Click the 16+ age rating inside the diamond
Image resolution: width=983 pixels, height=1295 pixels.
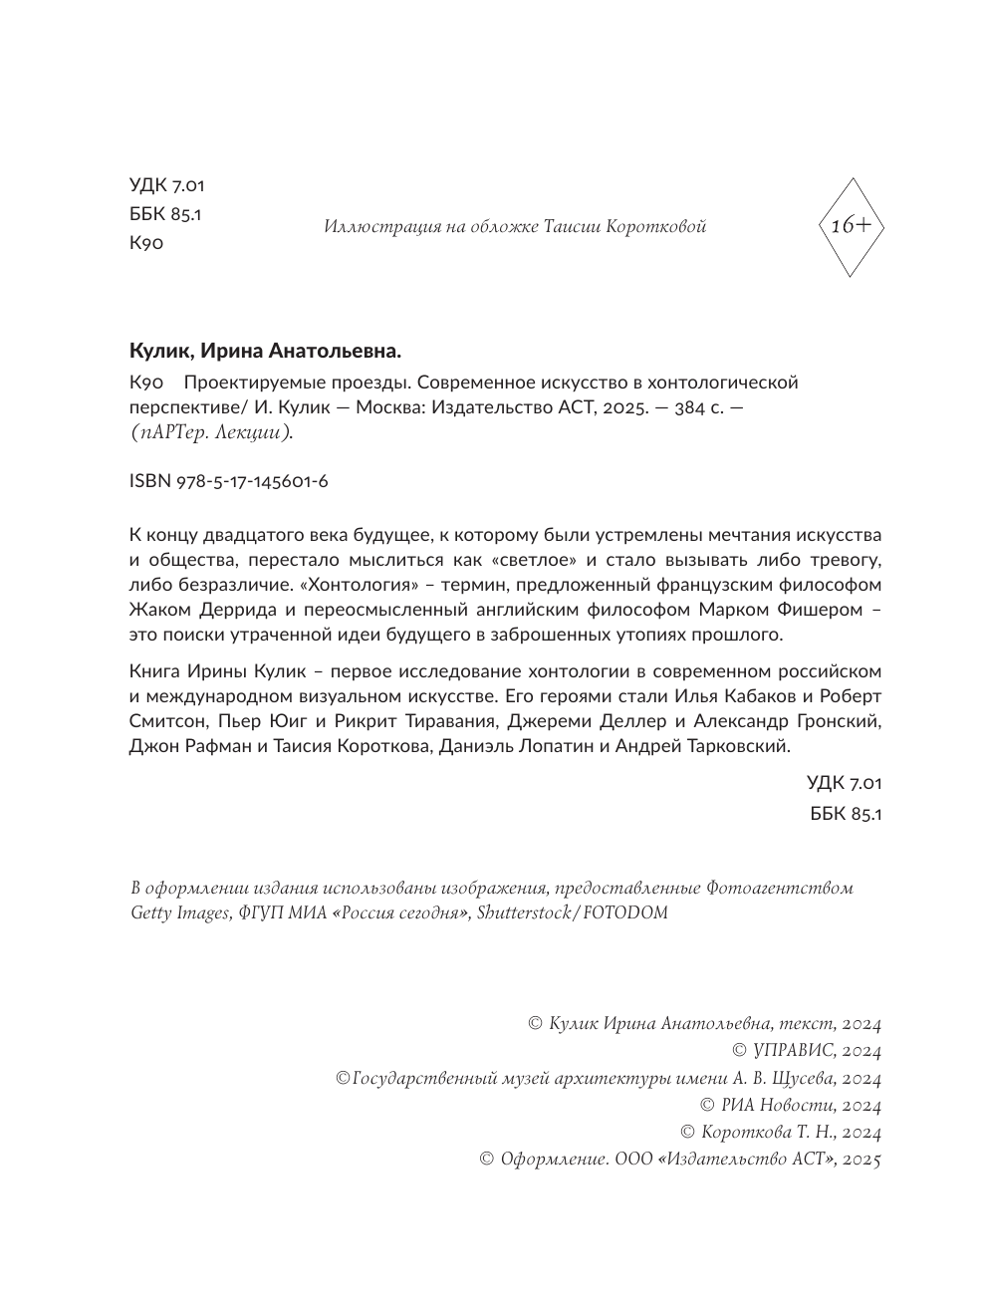850,226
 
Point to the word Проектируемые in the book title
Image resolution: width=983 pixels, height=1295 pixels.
245,383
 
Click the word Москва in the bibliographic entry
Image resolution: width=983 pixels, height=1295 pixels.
388,407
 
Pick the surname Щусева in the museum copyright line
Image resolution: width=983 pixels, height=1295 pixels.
802,1078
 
